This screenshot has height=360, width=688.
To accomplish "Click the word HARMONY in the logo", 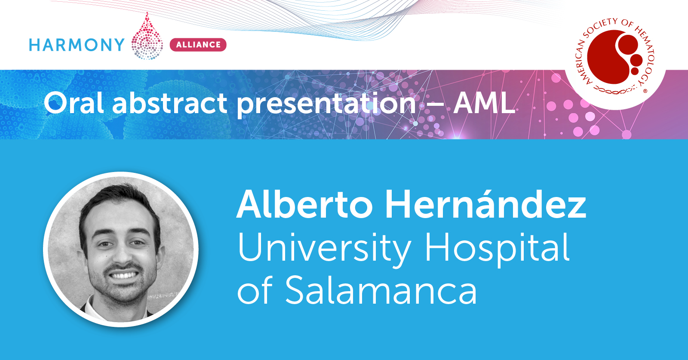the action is tap(77, 45).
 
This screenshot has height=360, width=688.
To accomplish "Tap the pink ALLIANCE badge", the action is tap(198, 45).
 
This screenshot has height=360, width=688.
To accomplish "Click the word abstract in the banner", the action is tap(169, 103).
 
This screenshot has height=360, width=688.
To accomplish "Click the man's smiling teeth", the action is tap(123, 275).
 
